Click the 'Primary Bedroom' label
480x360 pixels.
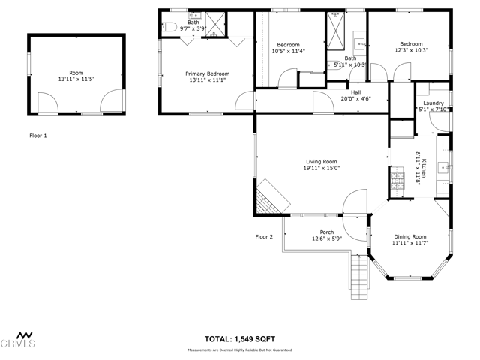pos(208,73)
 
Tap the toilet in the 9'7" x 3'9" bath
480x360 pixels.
pos(169,28)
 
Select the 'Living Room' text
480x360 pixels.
pos(321,161)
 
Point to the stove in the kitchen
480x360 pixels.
pos(396,179)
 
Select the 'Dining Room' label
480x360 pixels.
pos(409,236)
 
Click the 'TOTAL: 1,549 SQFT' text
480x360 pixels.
pos(239,338)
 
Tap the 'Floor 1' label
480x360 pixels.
pos(37,136)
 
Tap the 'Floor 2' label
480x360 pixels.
pos(264,236)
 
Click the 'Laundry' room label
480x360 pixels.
pos(433,103)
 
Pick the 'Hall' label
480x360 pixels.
pos(355,91)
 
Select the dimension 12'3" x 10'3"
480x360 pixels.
pos(411,50)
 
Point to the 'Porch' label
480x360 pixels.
pos(326,232)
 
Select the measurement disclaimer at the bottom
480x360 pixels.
pos(239,350)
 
